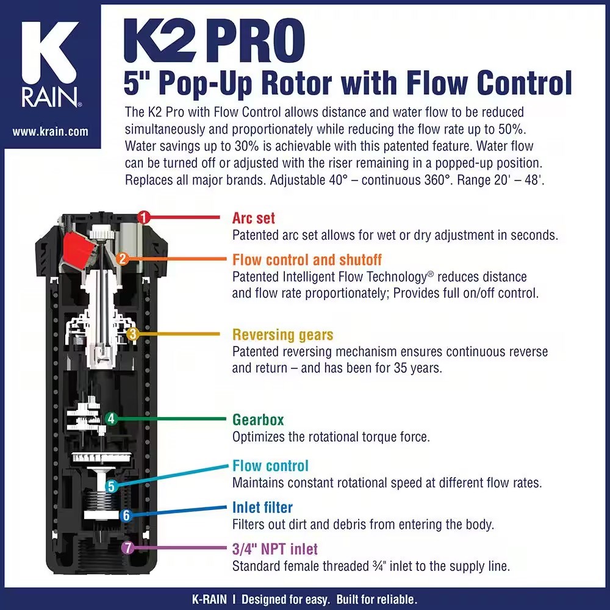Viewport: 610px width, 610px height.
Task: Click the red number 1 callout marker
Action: (143, 217)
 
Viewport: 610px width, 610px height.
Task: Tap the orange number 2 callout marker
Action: (122, 259)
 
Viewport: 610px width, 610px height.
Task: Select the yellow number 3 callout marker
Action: (133, 334)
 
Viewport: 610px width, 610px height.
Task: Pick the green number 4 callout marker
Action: (111, 418)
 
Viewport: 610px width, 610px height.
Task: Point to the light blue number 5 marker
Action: (111, 486)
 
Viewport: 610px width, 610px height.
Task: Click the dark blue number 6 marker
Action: (126, 516)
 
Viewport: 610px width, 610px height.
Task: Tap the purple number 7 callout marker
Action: (127, 548)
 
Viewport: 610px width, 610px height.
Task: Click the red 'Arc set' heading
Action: (253, 218)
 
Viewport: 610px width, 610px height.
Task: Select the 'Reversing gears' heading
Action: (283, 335)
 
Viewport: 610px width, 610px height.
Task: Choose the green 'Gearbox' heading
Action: (258, 420)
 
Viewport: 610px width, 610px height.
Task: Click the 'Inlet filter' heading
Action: (262, 508)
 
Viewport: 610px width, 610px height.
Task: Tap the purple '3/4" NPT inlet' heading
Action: (275, 550)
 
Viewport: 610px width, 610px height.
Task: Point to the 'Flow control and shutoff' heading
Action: (307, 259)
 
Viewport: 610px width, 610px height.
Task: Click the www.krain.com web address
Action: (50, 132)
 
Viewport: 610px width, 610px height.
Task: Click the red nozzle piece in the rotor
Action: (78, 250)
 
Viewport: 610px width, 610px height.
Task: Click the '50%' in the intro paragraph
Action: (512, 129)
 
